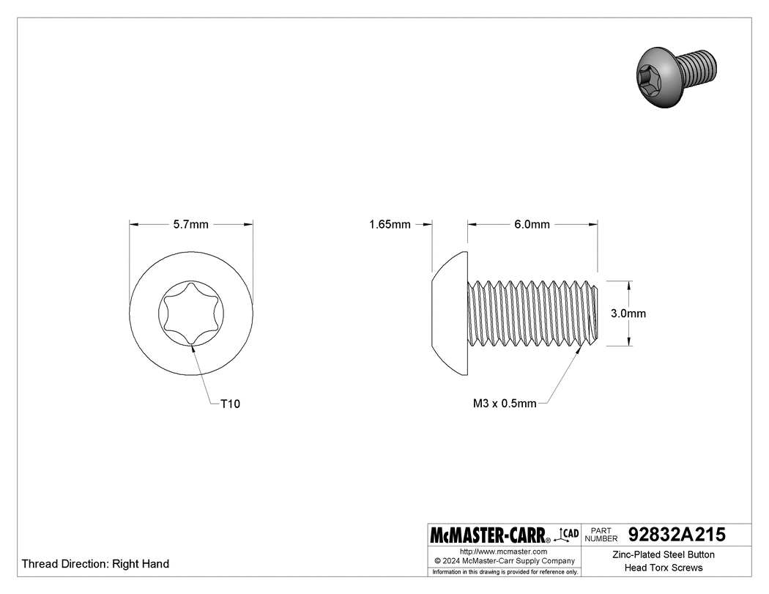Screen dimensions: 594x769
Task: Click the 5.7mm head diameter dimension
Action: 190,225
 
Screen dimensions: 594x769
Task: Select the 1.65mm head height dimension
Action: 390,225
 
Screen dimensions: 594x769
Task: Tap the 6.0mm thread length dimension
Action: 532,225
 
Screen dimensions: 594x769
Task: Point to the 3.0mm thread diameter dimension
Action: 628,313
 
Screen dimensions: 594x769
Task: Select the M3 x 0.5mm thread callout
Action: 505,404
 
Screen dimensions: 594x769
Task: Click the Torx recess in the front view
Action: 191,313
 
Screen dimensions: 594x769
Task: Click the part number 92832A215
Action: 677,535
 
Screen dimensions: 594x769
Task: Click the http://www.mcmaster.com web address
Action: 503,551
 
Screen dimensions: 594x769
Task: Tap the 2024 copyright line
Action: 503,560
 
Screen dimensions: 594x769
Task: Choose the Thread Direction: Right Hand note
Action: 95,564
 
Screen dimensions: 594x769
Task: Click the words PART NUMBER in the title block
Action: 601,535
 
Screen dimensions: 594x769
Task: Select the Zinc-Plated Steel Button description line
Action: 663,554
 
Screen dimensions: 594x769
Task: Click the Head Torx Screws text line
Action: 663,568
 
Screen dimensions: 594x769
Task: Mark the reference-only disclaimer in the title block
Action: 505,571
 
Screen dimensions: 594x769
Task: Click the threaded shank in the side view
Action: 533,313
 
